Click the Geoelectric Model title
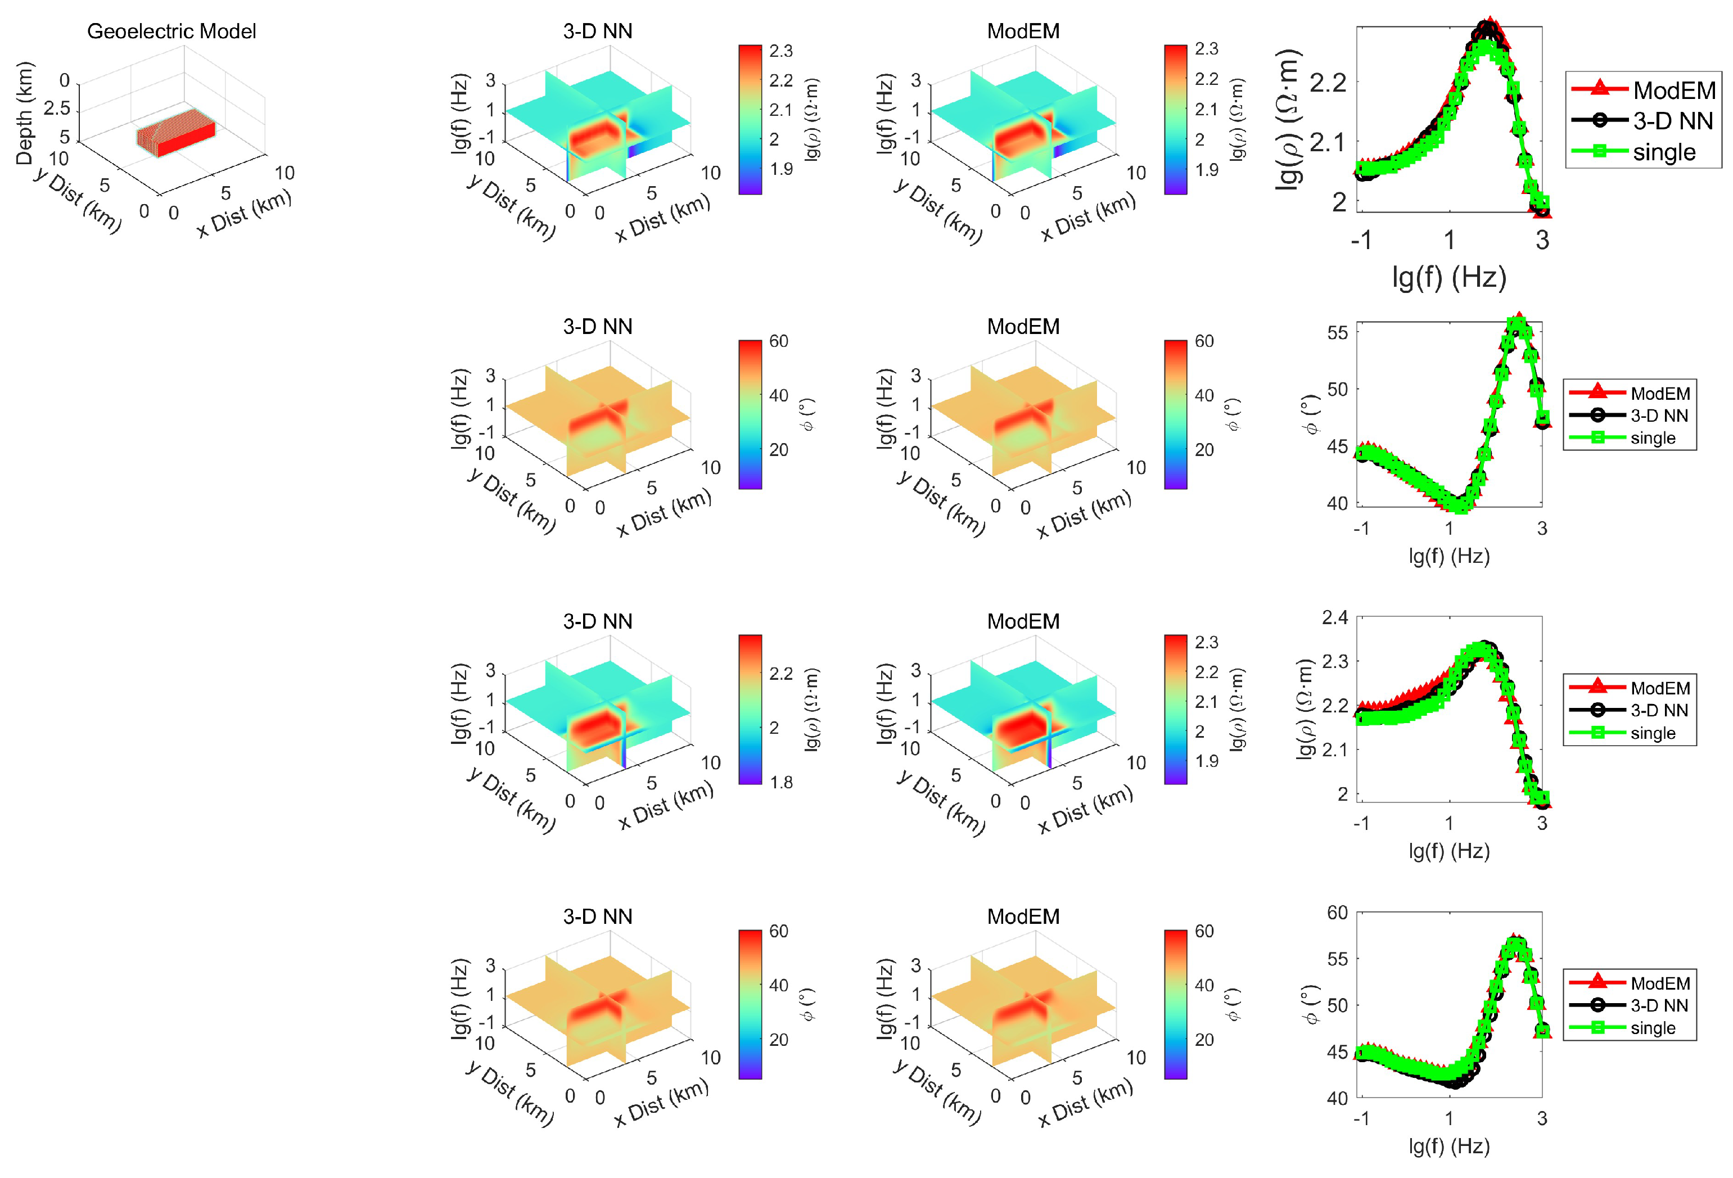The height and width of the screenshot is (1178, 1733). point(172,31)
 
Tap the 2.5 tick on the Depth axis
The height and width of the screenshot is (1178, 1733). point(57,109)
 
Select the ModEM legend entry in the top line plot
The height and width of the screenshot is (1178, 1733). point(1674,90)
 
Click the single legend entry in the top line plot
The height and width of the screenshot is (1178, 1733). point(1664,152)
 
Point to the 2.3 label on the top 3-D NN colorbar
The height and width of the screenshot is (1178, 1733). point(780,51)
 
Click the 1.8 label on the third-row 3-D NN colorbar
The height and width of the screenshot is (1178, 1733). point(780,782)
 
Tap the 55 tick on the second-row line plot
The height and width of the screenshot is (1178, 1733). point(1338,332)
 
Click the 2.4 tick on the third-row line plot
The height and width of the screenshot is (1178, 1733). point(1335,617)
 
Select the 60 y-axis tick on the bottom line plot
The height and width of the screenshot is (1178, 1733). point(1338,913)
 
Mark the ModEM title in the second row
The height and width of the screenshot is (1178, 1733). point(1023,327)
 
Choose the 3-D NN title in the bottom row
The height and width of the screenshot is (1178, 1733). point(597,917)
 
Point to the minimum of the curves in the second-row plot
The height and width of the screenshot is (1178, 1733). point(1460,505)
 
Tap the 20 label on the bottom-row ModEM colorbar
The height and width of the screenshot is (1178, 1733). point(1204,1039)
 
